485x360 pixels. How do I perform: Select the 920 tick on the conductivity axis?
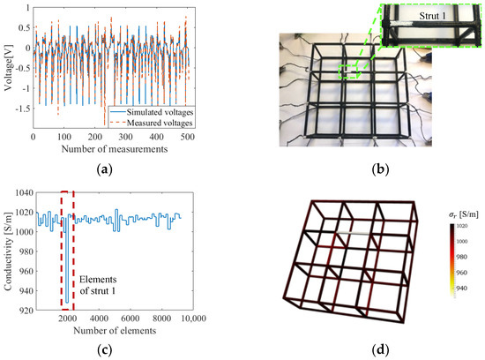coord(20,309)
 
